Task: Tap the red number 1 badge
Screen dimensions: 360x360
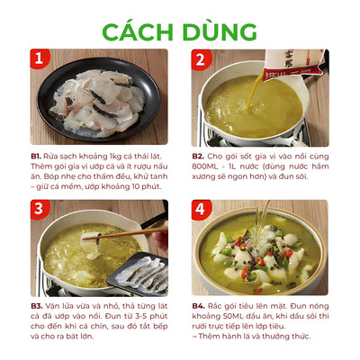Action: [x=40, y=58]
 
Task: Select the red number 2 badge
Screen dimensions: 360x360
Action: [x=201, y=59]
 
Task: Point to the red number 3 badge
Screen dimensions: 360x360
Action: [x=40, y=209]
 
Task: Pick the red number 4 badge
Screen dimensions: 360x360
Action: [x=201, y=209]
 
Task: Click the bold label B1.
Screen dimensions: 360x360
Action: [x=36, y=157]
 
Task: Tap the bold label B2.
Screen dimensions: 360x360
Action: [x=198, y=157]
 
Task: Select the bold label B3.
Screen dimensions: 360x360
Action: [x=37, y=306]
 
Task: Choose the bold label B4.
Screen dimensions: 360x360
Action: [x=199, y=306]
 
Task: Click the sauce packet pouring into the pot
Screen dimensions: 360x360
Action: [x=292, y=65]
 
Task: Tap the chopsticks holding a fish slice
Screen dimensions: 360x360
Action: [x=126, y=234]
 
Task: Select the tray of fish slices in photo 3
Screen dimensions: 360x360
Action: [x=139, y=274]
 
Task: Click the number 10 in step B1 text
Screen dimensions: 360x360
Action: [x=136, y=186]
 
